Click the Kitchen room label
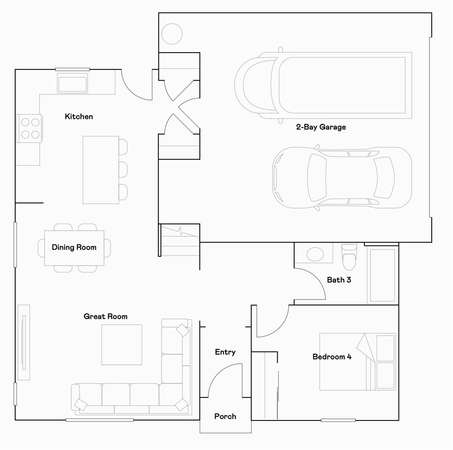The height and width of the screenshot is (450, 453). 79,117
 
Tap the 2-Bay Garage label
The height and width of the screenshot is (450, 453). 321,127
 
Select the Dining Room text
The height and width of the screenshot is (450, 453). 74,247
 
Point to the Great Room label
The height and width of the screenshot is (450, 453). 105,317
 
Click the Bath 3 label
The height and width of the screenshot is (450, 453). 339,280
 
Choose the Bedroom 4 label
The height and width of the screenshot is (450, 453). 332,357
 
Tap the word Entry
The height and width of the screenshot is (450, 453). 225,352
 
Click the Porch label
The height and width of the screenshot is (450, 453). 225,416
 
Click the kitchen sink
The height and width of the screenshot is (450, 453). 72,83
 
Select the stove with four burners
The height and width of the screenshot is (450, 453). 29,128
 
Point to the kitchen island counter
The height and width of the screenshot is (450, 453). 101,170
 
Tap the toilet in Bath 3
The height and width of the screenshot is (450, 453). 350,257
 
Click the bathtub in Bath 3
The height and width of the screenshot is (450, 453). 382,275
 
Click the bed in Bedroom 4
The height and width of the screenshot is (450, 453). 357,361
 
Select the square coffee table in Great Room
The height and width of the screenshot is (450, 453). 122,344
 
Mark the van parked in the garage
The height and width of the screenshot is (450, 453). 323,85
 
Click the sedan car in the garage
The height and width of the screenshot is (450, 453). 342,178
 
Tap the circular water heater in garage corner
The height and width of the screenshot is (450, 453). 172,34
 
